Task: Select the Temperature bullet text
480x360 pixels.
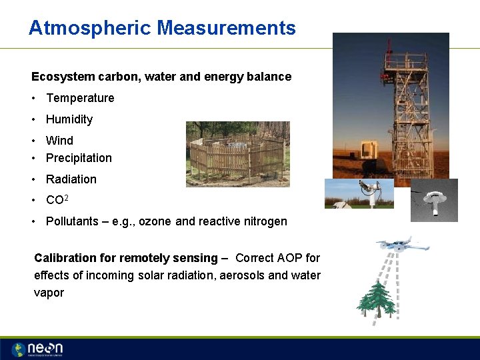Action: coord(80,98)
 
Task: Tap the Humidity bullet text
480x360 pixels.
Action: coord(69,119)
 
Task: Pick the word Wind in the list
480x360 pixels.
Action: coord(59,141)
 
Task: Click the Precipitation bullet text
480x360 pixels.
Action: coord(79,158)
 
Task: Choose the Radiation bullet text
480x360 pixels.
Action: coord(71,179)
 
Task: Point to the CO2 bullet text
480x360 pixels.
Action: coord(56,200)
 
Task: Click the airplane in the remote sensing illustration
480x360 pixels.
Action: coord(403,244)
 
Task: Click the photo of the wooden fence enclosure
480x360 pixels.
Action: coord(237,154)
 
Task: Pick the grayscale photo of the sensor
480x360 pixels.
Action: coord(434,200)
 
